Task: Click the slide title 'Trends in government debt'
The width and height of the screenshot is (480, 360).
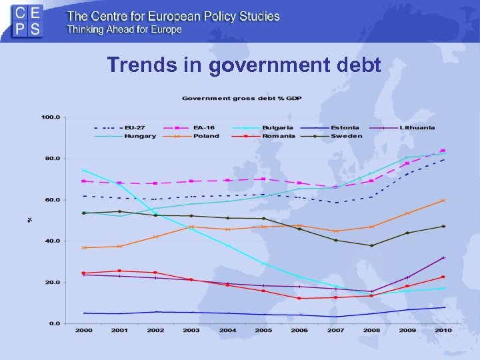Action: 244,65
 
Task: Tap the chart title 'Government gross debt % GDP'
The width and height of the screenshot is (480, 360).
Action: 242,99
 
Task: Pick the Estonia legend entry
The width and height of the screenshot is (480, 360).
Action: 345,127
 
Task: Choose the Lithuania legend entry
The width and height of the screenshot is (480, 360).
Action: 418,127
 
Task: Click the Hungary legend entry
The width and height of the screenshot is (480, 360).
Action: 140,136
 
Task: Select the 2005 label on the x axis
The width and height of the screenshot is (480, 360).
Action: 264,331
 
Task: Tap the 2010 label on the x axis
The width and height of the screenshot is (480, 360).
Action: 443,331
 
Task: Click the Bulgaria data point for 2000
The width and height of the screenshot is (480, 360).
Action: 84,170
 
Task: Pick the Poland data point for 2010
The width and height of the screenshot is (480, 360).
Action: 443,200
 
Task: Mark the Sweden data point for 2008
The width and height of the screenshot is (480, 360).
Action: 371,245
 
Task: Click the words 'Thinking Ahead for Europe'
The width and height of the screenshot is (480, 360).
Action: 123,29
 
